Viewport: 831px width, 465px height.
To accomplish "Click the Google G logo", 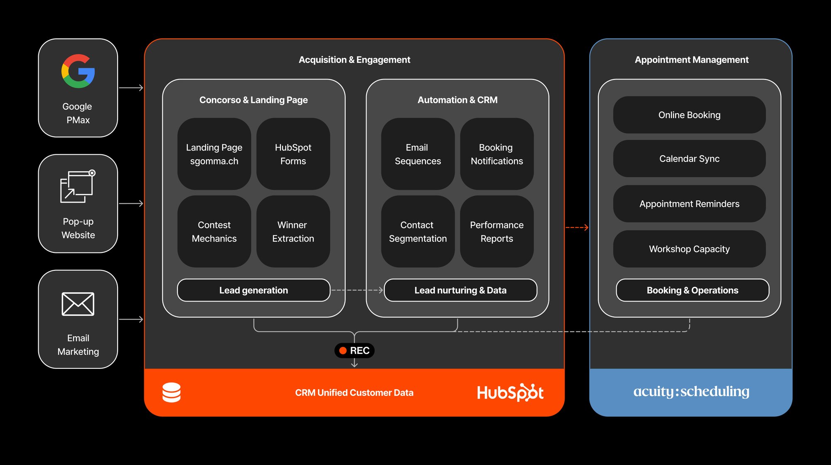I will pyautogui.click(x=78, y=71).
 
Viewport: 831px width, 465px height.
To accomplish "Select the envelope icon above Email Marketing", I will pyautogui.click(x=78, y=304).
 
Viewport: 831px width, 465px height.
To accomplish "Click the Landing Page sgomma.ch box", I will pyautogui.click(x=214, y=154).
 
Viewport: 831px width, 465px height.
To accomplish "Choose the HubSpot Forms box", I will pyautogui.click(x=293, y=154).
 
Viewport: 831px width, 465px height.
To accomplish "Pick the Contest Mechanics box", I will pyautogui.click(x=214, y=231).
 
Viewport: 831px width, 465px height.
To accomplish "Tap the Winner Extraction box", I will pyautogui.click(x=293, y=231).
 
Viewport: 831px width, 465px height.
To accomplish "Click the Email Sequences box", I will pyautogui.click(x=418, y=154).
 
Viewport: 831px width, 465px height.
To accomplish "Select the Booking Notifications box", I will pyautogui.click(x=497, y=154).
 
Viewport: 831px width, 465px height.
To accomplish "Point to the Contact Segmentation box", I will pyautogui.click(x=418, y=231).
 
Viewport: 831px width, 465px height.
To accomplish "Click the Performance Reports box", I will pyautogui.click(x=497, y=231).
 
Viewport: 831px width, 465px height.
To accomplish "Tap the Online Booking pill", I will pyautogui.click(x=689, y=115).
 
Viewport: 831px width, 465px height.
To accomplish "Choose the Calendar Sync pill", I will pyautogui.click(x=689, y=158).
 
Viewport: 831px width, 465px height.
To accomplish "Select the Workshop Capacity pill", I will pyautogui.click(x=689, y=249).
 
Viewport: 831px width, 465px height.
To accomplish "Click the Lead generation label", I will pyautogui.click(x=253, y=290).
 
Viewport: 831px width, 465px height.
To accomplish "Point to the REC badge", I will pyautogui.click(x=354, y=351).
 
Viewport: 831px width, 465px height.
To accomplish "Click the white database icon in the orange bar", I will pyautogui.click(x=171, y=392).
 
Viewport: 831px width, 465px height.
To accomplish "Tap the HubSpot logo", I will pyautogui.click(x=510, y=392).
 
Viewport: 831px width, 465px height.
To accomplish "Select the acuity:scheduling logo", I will pyautogui.click(x=691, y=392).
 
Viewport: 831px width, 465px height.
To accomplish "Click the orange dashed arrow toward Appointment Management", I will pyautogui.click(x=577, y=228).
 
